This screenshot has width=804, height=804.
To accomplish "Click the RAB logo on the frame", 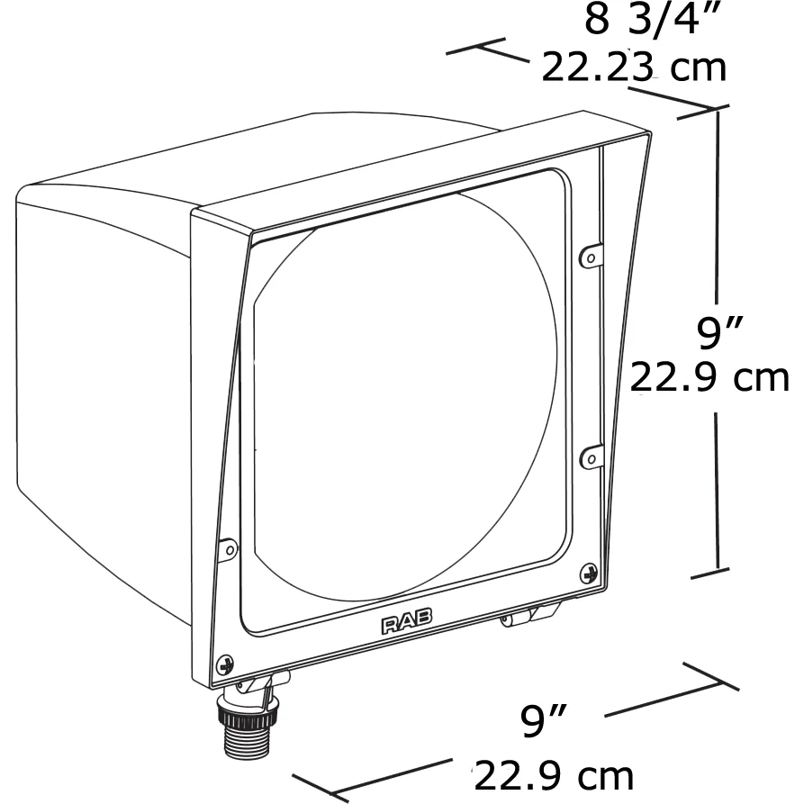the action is [407, 622].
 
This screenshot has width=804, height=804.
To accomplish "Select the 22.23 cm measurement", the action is [634, 68].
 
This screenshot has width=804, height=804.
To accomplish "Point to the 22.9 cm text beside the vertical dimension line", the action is [709, 378].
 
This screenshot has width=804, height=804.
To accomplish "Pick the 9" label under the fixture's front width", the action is [544, 720].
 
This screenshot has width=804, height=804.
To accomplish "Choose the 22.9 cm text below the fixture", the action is [554, 776].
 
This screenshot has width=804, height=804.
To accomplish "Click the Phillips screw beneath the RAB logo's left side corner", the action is [224, 665].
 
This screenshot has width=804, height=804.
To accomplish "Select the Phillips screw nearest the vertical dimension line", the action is [589, 574].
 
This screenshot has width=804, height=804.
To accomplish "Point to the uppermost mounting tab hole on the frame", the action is [591, 257].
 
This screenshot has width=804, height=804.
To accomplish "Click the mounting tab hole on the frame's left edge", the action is [230, 550].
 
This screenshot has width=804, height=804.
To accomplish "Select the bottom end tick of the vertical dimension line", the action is [709, 574].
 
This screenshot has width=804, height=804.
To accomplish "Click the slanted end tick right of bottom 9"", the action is [710, 676].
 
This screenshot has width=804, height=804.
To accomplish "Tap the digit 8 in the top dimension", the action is [597, 20].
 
